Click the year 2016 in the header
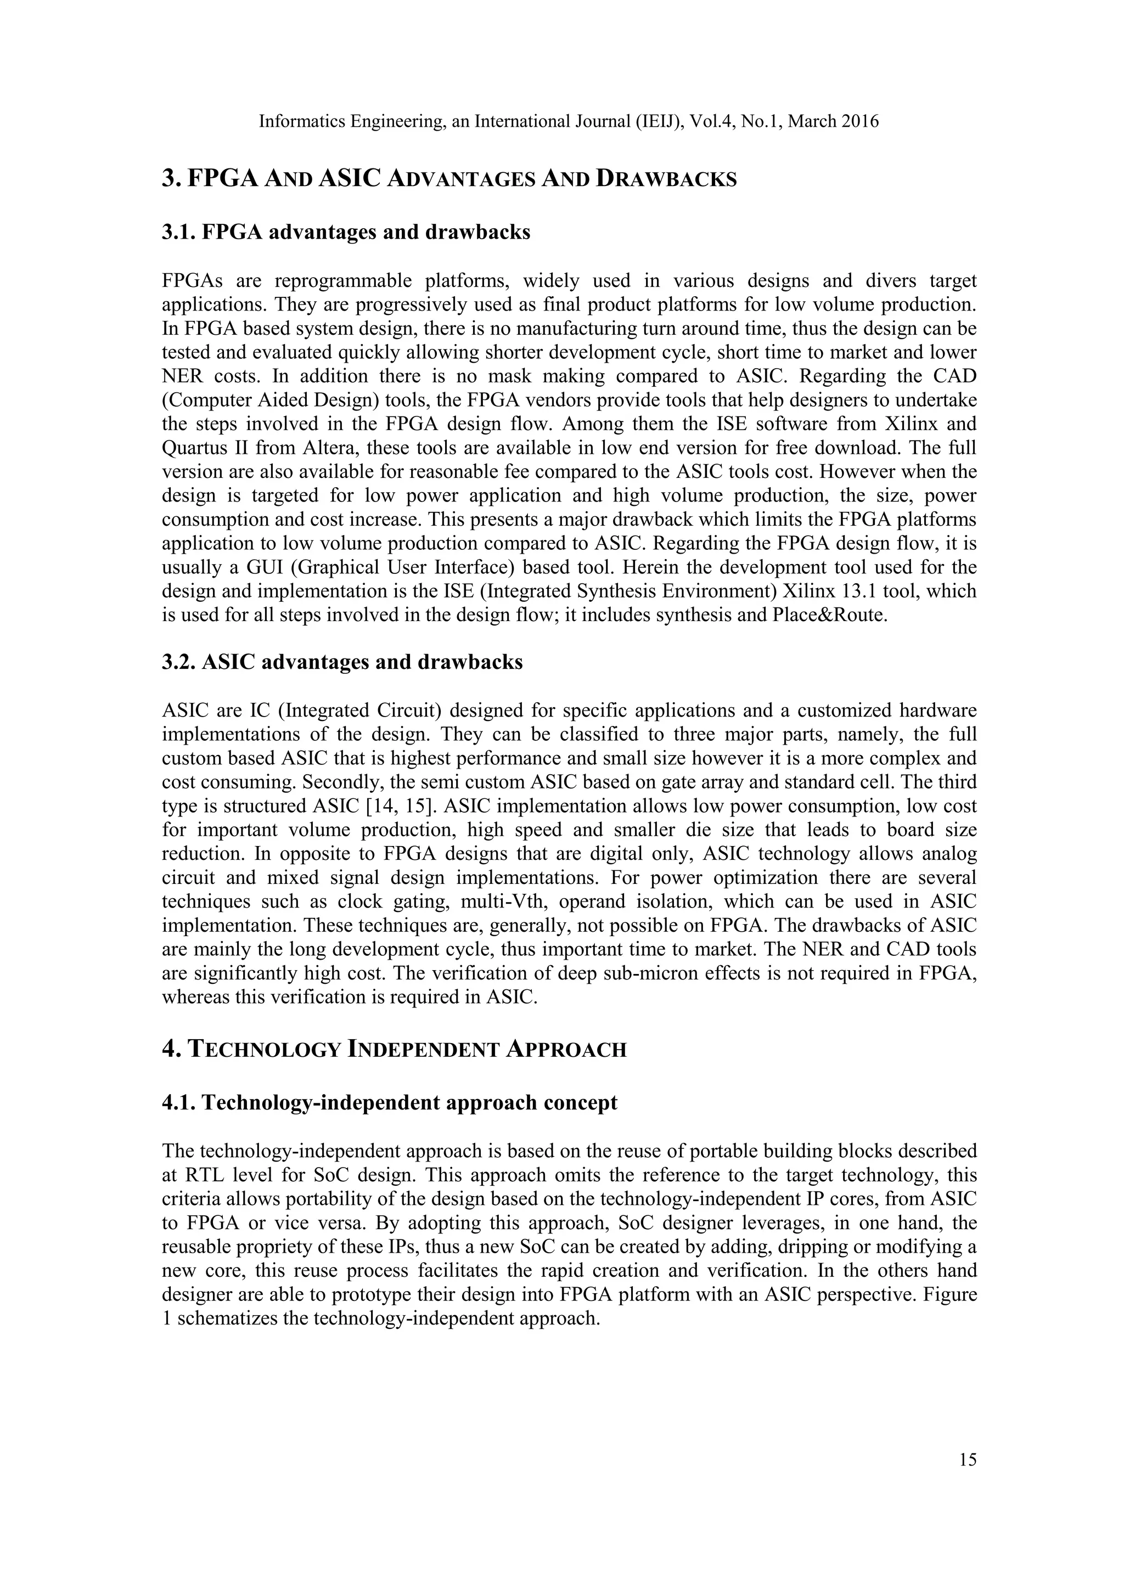[x=861, y=122]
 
